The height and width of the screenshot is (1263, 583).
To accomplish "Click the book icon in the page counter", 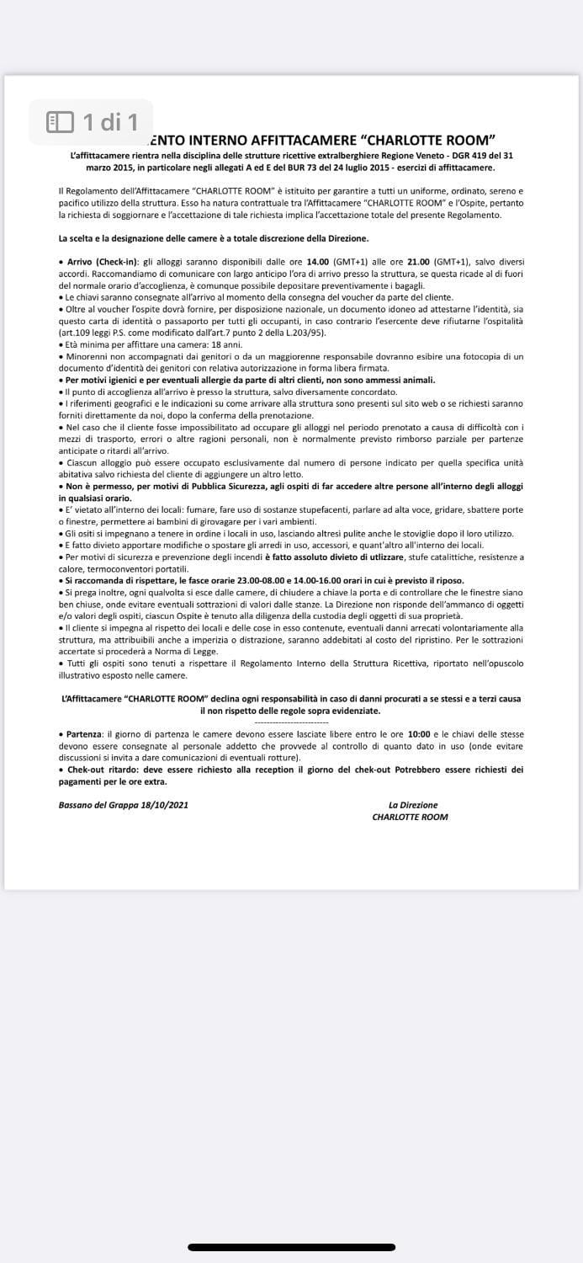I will click(61, 123).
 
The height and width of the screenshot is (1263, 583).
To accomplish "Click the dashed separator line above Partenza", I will click(291, 722).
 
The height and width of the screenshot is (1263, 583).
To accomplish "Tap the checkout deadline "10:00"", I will click(418, 734).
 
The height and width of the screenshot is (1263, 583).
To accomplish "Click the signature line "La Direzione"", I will click(412, 805).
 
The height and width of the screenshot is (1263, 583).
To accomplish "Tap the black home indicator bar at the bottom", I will click(291, 1247).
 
